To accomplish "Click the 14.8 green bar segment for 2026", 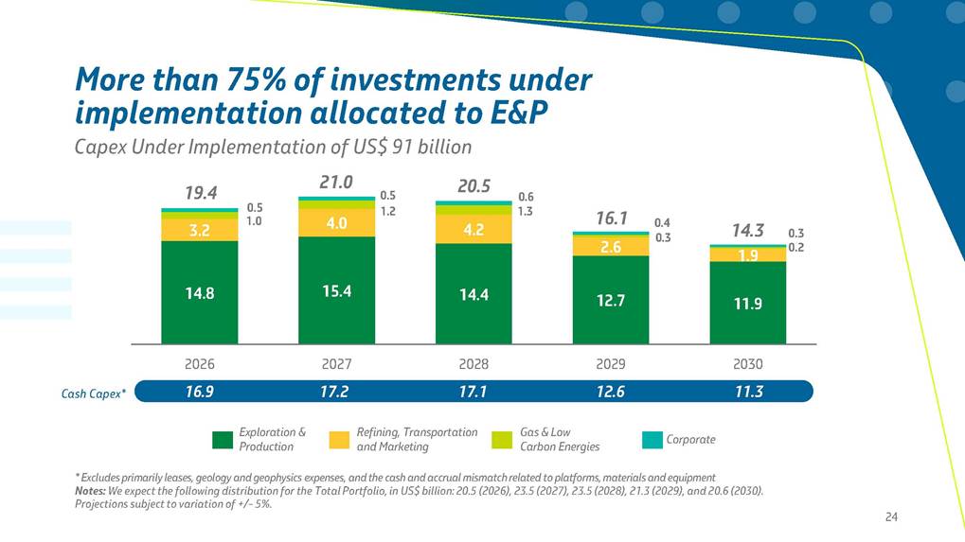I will coord(200,293).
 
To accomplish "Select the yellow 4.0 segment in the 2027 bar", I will coord(337,223).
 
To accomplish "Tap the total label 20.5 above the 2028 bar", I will coord(474,187).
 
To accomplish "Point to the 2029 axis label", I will coord(611,363).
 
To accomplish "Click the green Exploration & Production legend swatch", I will coord(223,440).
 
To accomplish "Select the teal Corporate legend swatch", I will coord(652,440).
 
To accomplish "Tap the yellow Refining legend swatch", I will coord(340,440).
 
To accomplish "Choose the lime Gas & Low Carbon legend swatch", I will coord(503,440).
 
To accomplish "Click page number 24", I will coord(890,516).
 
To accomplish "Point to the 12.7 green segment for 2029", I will coord(611,301).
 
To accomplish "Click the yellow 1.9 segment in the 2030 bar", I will coord(748,254).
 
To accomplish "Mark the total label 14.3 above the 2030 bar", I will coord(748,231).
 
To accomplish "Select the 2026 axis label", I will coord(200,363).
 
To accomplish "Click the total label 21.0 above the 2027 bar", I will coord(337,183).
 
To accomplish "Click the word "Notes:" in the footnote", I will coord(91,491).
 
